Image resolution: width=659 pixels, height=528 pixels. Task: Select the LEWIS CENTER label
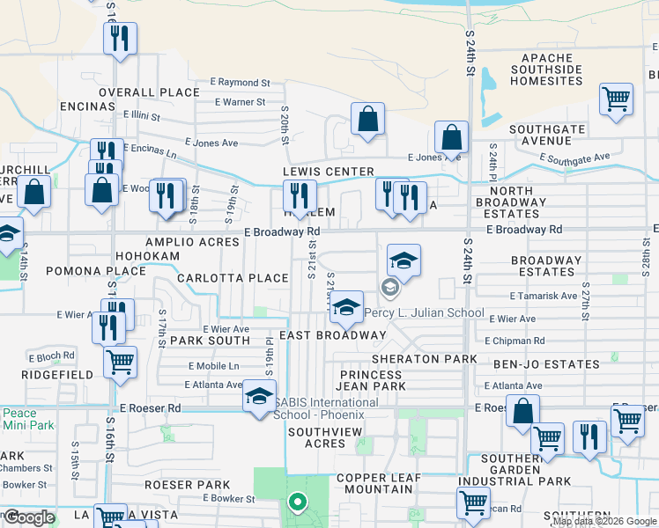(x=328, y=172)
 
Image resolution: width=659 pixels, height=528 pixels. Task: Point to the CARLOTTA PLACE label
(x=233, y=278)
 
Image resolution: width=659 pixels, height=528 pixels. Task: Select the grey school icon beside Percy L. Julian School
(x=389, y=288)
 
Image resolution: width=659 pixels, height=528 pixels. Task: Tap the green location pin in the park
(x=298, y=504)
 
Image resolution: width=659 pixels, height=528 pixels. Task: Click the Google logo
(x=28, y=517)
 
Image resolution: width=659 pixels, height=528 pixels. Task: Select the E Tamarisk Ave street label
(x=544, y=297)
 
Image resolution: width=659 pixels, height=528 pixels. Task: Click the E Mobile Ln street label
(x=213, y=366)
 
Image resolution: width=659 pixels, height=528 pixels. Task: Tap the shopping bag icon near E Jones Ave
(x=451, y=138)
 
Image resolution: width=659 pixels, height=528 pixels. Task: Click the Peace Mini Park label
(x=19, y=419)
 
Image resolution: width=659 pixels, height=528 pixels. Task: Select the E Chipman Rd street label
(x=515, y=341)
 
